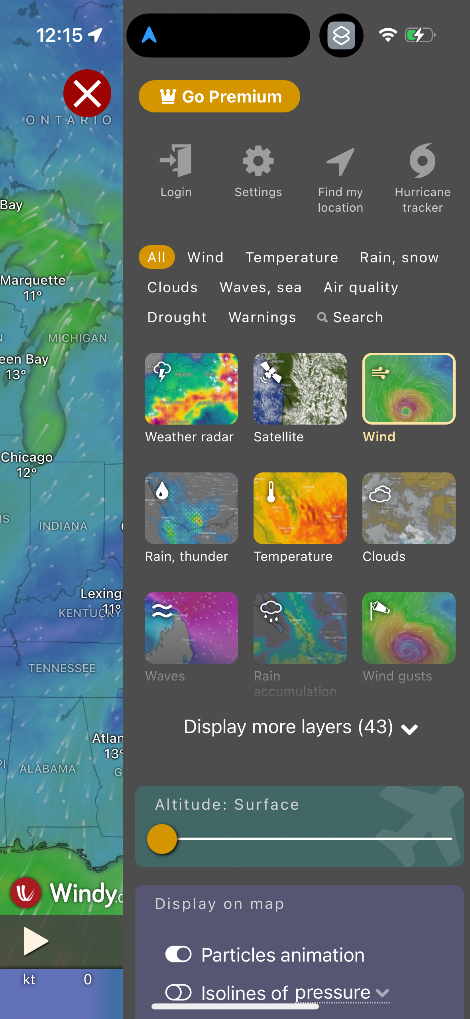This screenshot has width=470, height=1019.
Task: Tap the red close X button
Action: click(x=87, y=94)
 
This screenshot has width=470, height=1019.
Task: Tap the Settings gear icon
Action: click(x=258, y=161)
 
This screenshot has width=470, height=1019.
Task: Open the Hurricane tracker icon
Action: click(x=423, y=161)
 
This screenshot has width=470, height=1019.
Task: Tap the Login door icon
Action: click(x=176, y=161)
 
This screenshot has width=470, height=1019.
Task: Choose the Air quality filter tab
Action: click(x=361, y=287)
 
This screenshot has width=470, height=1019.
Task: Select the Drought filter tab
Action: click(x=177, y=317)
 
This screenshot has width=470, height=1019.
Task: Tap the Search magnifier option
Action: click(x=350, y=317)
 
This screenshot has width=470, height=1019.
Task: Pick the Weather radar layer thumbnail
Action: click(x=191, y=389)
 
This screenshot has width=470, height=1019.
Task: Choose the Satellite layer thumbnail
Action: click(x=300, y=389)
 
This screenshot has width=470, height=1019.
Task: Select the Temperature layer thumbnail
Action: click(x=300, y=508)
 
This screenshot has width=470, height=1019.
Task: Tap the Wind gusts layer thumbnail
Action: click(x=409, y=628)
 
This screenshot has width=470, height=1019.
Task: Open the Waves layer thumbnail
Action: click(x=191, y=628)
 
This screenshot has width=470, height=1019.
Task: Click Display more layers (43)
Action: click(x=301, y=727)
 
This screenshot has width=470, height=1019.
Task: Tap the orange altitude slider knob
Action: click(x=162, y=839)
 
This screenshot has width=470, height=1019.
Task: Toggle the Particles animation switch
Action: click(x=179, y=954)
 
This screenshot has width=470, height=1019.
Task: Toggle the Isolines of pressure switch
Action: click(x=179, y=992)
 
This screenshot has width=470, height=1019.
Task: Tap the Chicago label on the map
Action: click(x=27, y=457)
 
